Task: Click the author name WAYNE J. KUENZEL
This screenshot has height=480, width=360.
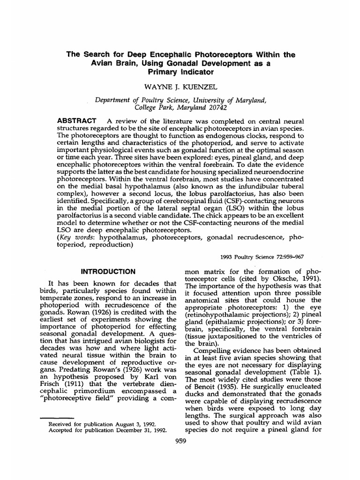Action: tap(180, 87)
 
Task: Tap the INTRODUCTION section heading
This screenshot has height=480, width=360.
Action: tap(108, 271)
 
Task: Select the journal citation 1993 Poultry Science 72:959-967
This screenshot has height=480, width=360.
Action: tap(261, 257)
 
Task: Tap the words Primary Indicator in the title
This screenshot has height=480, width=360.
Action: tap(180, 72)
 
